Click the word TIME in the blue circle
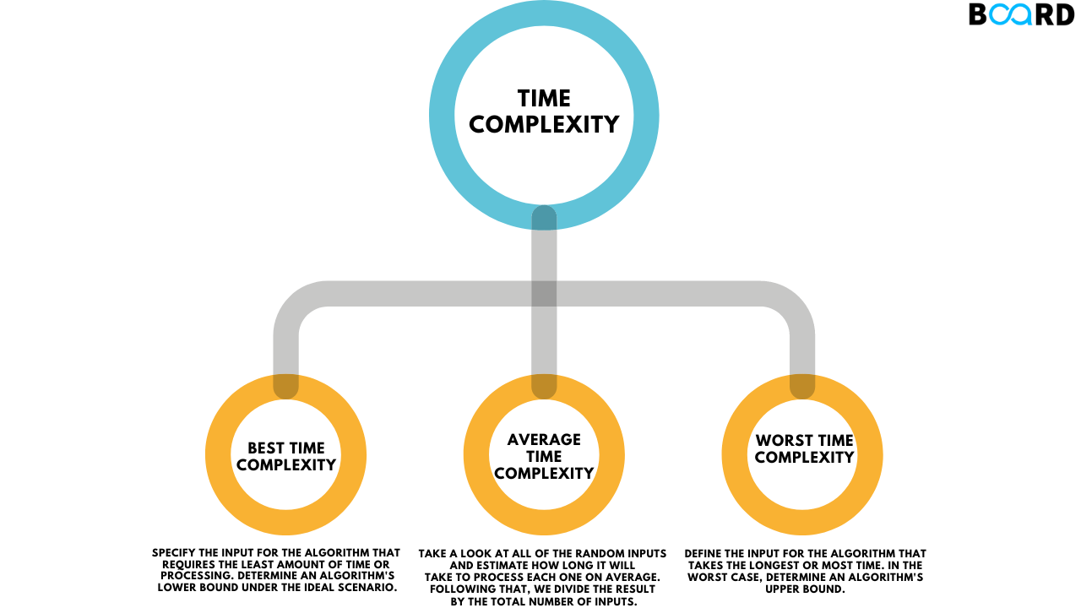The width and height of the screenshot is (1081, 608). point(544,99)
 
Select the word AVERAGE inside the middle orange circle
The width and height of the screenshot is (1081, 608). point(544,440)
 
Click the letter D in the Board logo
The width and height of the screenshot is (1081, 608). point(1064,14)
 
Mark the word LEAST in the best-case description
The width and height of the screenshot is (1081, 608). point(263,564)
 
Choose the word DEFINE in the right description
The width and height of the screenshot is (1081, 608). point(704,553)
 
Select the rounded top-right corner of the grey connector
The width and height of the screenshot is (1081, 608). point(795,303)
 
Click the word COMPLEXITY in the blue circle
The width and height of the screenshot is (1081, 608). point(544,125)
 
